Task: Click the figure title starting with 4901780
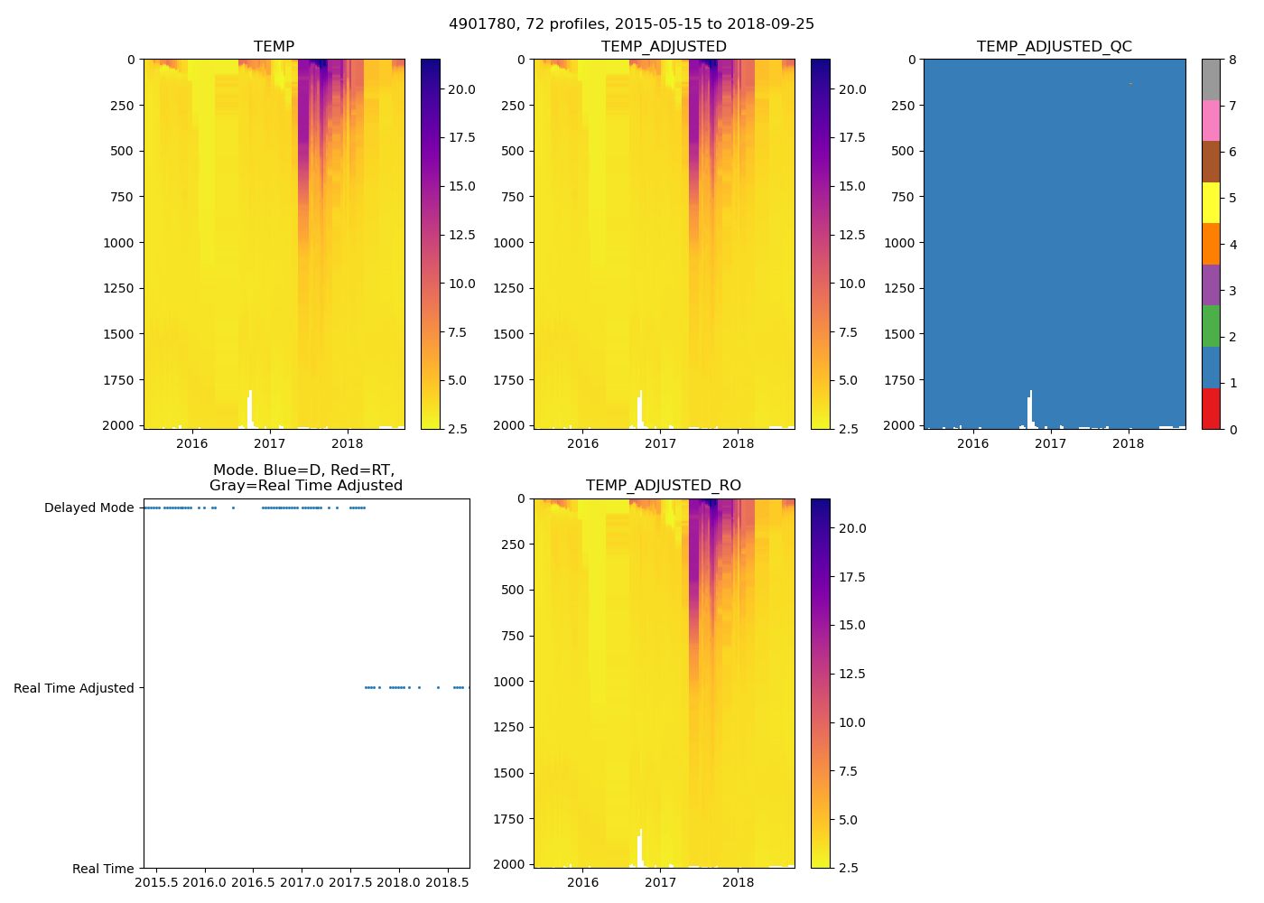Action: [x=631, y=24]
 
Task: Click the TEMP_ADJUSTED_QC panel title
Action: [x=1054, y=47]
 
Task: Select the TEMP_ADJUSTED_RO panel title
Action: [x=664, y=486]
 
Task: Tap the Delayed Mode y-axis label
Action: [x=88, y=507]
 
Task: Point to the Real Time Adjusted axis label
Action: [x=73, y=688]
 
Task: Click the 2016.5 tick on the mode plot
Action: [x=253, y=882]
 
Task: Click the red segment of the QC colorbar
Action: [x=1211, y=409]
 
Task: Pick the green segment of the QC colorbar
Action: [x=1211, y=326]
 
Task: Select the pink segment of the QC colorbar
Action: [x=1211, y=121]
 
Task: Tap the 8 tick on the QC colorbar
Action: [x=1232, y=60]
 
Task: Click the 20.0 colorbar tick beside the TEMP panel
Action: [x=461, y=89]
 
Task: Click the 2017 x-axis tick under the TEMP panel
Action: [x=270, y=443]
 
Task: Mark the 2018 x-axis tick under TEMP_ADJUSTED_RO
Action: [x=739, y=882]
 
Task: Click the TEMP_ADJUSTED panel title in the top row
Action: [x=664, y=47]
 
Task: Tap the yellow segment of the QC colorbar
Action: [x=1211, y=203]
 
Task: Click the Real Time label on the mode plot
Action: [x=103, y=869]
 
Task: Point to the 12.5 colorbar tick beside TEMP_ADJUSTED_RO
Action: [x=852, y=674]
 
